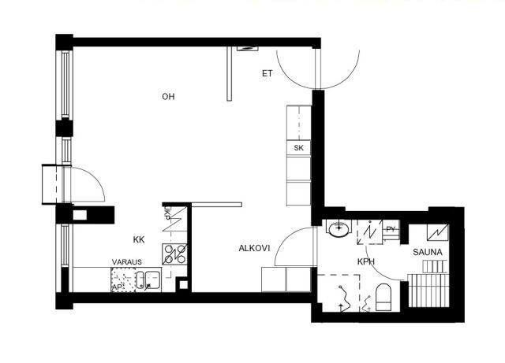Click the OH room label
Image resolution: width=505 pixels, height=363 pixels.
click(x=168, y=96)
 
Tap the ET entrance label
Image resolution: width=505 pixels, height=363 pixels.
click(x=267, y=74)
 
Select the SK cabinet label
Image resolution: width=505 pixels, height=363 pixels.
click(x=298, y=148)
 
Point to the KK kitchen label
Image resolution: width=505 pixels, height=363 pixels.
click(x=139, y=239)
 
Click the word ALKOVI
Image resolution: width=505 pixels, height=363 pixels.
click(x=254, y=248)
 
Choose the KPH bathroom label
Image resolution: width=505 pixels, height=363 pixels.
click(x=366, y=261)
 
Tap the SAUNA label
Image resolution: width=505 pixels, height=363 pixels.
click(x=428, y=253)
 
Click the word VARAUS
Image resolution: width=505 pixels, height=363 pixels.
click(x=127, y=262)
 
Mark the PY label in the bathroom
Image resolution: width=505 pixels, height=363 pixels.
click(x=391, y=229)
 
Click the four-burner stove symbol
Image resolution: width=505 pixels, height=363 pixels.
click(x=174, y=254)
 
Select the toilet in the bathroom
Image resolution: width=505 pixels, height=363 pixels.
click(x=383, y=297)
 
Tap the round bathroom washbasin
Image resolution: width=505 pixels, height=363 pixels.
click(x=339, y=228)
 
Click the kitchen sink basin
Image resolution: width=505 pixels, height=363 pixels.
click(x=152, y=280)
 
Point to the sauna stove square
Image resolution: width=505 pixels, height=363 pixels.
click(x=437, y=232)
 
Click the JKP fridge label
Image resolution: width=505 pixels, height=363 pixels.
click(x=166, y=213)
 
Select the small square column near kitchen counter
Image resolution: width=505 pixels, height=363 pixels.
click(x=183, y=284)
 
